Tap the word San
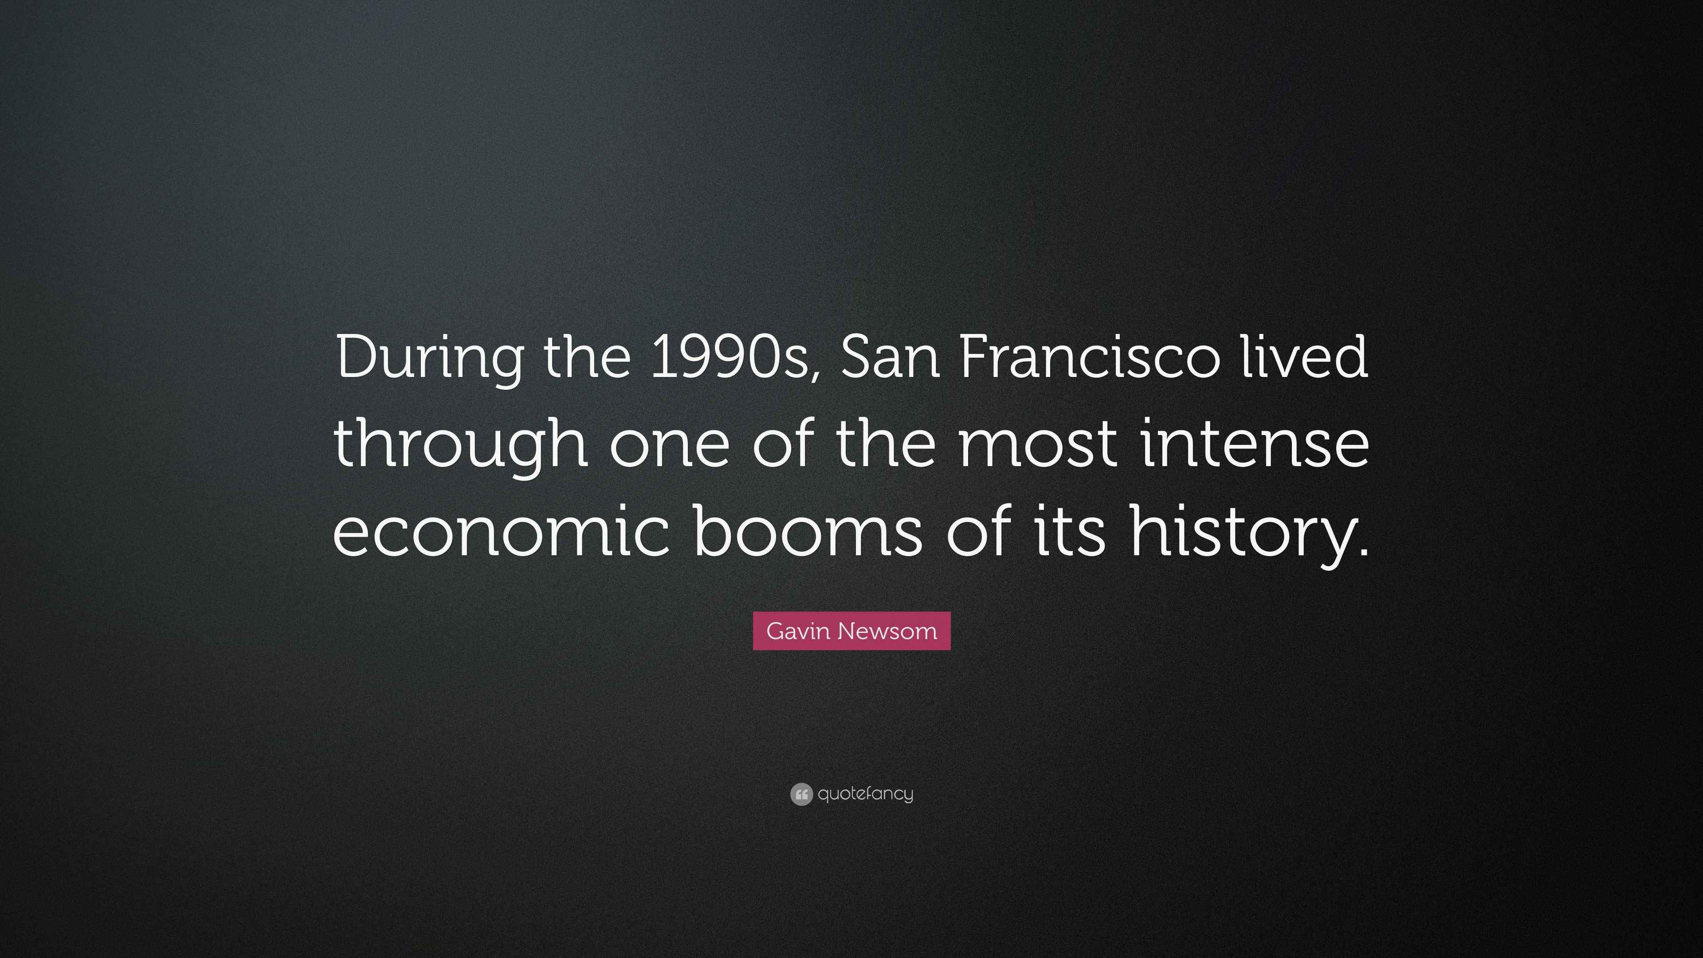(x=890, y=357)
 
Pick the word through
(x=461, y=445)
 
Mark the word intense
(x=1256, y=445)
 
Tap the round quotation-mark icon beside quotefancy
(x=800, y=794)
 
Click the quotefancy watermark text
(x=865, y=794)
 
